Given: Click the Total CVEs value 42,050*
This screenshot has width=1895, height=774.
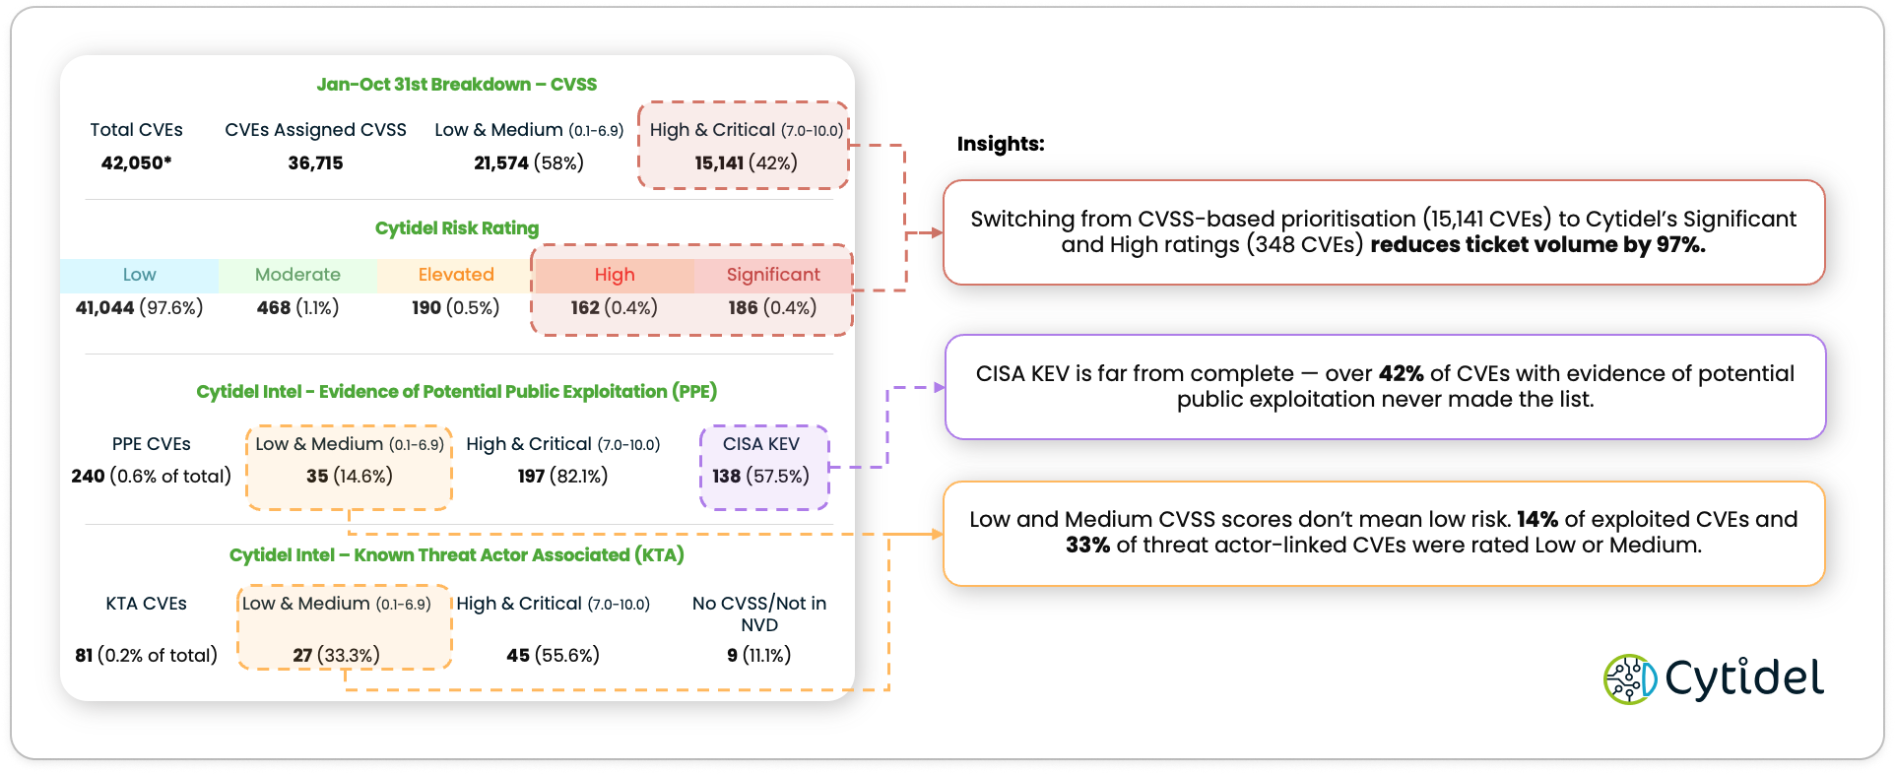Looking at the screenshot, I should (x=136, y=162).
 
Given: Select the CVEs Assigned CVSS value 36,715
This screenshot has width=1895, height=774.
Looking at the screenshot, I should (x=315, y=162).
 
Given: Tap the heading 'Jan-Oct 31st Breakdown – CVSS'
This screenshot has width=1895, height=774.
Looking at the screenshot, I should (x=456, y=85).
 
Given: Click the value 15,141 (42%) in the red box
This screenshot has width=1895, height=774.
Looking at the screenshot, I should (x=746, y=162).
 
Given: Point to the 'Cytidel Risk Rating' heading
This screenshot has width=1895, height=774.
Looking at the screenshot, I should (x=456, y=228).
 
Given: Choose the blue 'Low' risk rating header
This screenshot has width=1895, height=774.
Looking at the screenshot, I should (x=139, y=275).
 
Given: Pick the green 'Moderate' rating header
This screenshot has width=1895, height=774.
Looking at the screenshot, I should (x=297, y=275).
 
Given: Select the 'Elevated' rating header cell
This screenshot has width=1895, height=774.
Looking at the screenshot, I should (x=456, y=275).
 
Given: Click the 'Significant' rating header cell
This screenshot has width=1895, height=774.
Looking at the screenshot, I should (x=773, y=275).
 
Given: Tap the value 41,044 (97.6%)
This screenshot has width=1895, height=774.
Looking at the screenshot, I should (x=139, y=307).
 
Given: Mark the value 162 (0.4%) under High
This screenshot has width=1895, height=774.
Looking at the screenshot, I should (x=614, y=307).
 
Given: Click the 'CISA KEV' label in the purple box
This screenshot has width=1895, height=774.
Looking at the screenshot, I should (x=760, y=444).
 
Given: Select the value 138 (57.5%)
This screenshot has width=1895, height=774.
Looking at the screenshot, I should (x=760, y=477).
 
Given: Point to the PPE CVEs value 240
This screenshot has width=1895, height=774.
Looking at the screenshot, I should (x=88, y=477).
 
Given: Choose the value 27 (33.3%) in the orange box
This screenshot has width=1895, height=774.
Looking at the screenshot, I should (x=336, y=656).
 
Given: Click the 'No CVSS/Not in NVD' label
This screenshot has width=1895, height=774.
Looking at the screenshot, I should (x=758, y=613).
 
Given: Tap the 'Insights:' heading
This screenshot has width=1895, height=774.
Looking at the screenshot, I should (x=1000, y=144).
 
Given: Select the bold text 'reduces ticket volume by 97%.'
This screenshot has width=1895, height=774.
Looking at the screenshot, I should (x=1537, y=245).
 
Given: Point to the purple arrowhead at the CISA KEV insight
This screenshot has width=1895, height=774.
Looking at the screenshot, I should (x=939, y=388).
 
